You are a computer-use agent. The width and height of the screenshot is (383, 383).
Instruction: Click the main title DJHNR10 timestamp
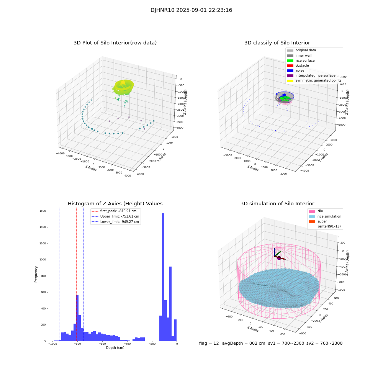191,10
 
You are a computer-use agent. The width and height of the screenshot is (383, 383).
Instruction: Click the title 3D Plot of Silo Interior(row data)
115,43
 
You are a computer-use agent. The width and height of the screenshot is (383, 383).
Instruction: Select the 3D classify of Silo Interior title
277,43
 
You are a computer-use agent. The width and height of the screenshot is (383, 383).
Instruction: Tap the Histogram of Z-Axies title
115,204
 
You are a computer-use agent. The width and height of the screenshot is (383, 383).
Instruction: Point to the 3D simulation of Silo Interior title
277,204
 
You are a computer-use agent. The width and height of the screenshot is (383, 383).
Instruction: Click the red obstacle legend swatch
290,65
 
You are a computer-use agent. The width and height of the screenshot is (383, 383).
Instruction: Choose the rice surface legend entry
305,61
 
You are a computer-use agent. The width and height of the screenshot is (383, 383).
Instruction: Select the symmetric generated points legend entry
318,80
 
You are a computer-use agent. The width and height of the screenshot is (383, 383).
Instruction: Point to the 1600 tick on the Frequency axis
42,211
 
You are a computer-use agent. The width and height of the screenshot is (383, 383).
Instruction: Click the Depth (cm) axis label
115,348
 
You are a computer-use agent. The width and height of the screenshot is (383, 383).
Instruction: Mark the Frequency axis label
36,274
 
